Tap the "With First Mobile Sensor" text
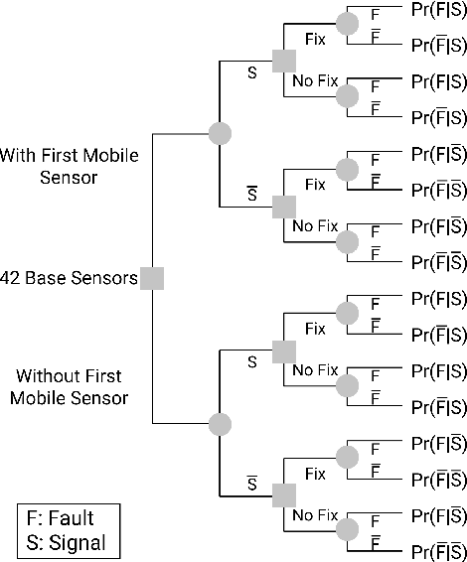(x=69, y=166)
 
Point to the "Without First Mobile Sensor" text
(x=69, y=386)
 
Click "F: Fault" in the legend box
(x=68, y=518)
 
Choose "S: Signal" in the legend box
(x=68, y=543)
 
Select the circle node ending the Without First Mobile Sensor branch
(x=220, y=424)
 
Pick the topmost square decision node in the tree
(x=284, y=61)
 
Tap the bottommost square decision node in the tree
(x=284, y=495)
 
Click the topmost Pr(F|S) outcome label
(x=438, y=9)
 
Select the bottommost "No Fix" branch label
(x=315, y=515)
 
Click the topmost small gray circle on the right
(x=347, y=24)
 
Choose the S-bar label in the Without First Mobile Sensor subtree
(x=252, y=483)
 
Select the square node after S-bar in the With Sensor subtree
(x=284, y=206)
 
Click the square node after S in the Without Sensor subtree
(x=284, y=351)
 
